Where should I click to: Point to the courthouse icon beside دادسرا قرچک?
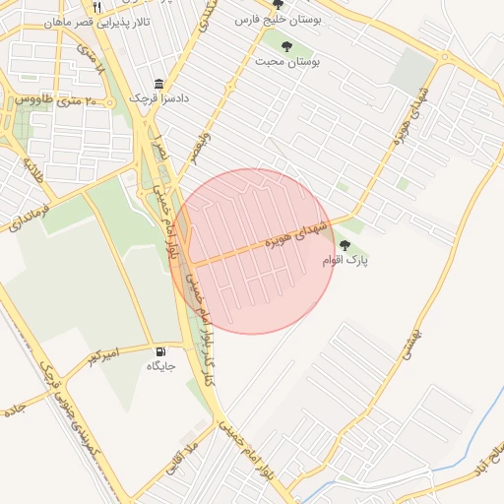coord(159,86)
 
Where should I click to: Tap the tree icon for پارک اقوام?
coord(344,245)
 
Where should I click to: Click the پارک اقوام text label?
coord(344,260)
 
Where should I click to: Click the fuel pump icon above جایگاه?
coord(160,351)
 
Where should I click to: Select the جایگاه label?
coord(160,367)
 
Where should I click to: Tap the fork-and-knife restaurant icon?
coord(124,7)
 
